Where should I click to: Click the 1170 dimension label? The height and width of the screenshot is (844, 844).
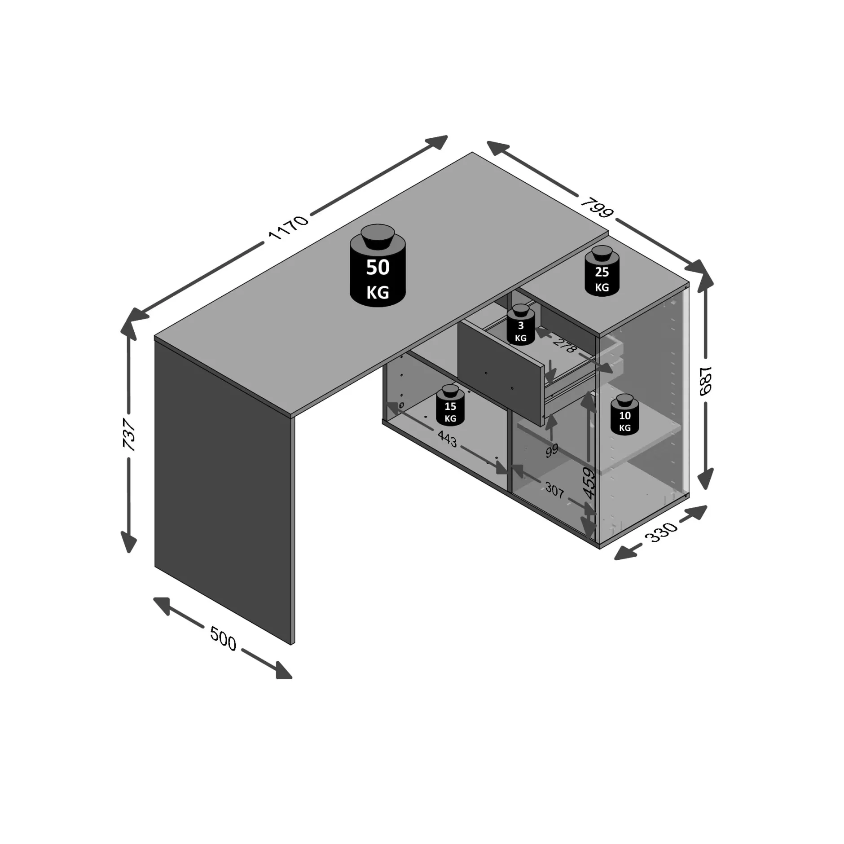click(288, 228)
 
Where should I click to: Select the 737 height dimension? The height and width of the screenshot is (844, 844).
click(129, 434)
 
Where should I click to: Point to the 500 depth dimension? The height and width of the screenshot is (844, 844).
click(223, 639)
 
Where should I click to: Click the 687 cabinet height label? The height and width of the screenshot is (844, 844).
click(706, 381)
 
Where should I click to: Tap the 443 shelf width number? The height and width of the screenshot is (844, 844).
click(447, 439)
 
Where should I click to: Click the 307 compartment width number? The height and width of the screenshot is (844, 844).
click(554, 490)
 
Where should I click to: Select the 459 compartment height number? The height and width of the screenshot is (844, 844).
click(589, 483)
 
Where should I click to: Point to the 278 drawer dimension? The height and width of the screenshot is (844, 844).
click(564, 345)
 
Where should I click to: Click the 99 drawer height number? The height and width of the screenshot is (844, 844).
click(552, 450)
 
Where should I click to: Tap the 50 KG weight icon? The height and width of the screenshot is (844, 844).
click(378, 267)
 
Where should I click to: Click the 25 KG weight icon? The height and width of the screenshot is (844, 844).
click(602, 271)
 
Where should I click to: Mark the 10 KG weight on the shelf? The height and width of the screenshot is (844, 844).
click(624, 415)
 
